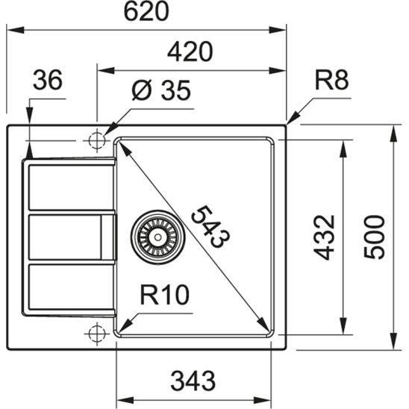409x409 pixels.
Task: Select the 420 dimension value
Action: tap(190, 51)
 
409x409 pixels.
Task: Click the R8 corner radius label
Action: tap(331, 81)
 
